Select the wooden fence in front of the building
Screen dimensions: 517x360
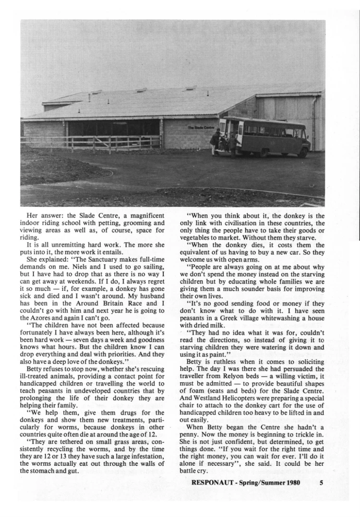pos(91,142)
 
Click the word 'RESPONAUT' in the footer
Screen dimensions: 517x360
pos(211,483)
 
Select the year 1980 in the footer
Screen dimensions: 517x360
pos(291,483)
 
